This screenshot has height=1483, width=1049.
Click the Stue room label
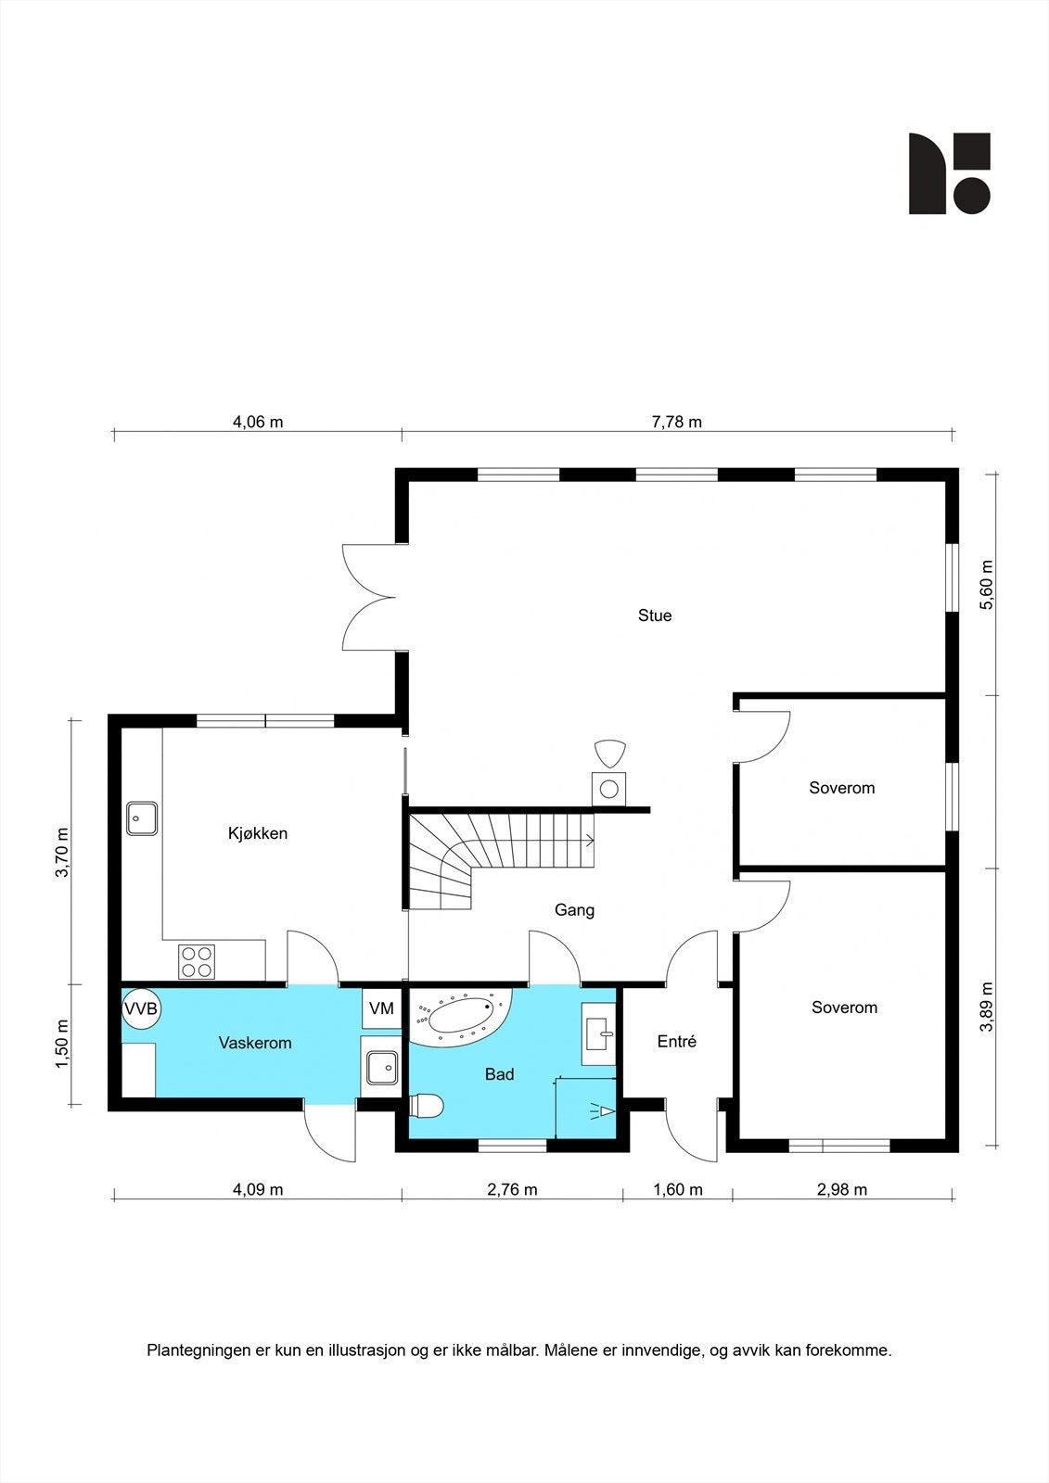[655, 615]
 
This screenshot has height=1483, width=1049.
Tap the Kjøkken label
[258, 833]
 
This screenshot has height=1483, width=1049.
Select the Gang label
[574, 910]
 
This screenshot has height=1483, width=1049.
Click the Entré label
[676, 1042]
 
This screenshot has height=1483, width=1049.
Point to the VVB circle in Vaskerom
[141, 1008]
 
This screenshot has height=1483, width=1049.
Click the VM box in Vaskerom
[382, 1008]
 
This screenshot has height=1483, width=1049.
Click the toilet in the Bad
[426, 1105]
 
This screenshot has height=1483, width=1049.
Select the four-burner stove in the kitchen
[197, 962]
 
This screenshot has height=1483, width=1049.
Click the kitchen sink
[142, 818]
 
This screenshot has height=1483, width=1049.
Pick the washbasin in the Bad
[599, 1033]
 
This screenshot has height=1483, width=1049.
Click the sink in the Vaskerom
[382, 1068]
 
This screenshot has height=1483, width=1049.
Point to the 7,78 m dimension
[676, 423]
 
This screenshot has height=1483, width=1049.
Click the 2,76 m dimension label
[512, 1190]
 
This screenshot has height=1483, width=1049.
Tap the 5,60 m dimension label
[987, 585]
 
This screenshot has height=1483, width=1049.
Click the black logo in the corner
[950, 173]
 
